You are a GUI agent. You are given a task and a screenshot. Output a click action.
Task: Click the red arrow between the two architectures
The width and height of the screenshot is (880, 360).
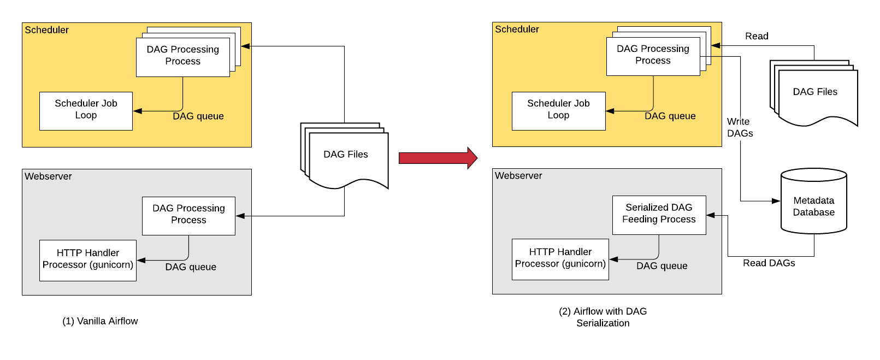click(x=437, y=158)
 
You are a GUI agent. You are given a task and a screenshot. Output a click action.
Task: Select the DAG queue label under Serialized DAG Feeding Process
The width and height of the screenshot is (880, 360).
click(x=662, y=266)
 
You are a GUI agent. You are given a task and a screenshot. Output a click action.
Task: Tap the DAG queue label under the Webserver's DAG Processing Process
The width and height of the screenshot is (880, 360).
click(x=191, y=267)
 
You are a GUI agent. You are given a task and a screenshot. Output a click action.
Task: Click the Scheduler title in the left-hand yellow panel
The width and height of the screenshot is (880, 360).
click(x=47, y=30)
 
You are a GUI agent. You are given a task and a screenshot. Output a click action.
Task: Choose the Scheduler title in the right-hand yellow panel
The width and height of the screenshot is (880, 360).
click(x=517, y=29)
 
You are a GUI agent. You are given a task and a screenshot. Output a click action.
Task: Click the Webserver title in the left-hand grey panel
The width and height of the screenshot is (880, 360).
click(x=48, y=176)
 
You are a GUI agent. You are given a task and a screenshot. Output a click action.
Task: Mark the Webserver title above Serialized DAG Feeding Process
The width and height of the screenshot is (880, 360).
click(x=518, y=176)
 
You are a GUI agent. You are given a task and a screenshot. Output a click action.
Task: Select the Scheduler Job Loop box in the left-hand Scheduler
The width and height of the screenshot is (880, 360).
click(x=86, y=111)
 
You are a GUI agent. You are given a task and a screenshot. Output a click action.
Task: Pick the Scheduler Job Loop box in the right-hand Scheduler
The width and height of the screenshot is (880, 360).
click(x=558, y=111)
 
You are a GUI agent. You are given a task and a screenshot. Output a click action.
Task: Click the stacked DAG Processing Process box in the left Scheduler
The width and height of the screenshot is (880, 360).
click(x=182, y=57)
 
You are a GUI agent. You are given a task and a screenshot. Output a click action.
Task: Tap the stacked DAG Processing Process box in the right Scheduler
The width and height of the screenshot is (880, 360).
click(x=653, y=56)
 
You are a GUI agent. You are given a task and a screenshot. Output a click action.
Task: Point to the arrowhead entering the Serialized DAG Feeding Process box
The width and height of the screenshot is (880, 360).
click(x=711, y=215)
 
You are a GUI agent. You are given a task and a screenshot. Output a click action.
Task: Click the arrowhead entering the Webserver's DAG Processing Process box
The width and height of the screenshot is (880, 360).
click(x=240, y=216)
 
